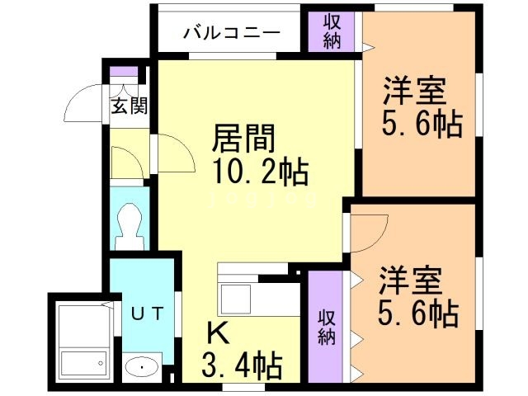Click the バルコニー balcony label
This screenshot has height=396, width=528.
tap(231, 33)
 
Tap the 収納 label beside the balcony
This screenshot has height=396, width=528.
tap(332, 31)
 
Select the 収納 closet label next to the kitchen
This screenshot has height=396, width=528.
tap(326, 326)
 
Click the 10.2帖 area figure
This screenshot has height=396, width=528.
tap(258, 172)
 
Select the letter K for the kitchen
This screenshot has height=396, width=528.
tap(216, 332)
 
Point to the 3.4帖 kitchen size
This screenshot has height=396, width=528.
tap(242, 363)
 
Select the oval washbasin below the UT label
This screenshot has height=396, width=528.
tap(139, 366)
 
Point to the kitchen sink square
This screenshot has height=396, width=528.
tap(238, 298)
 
